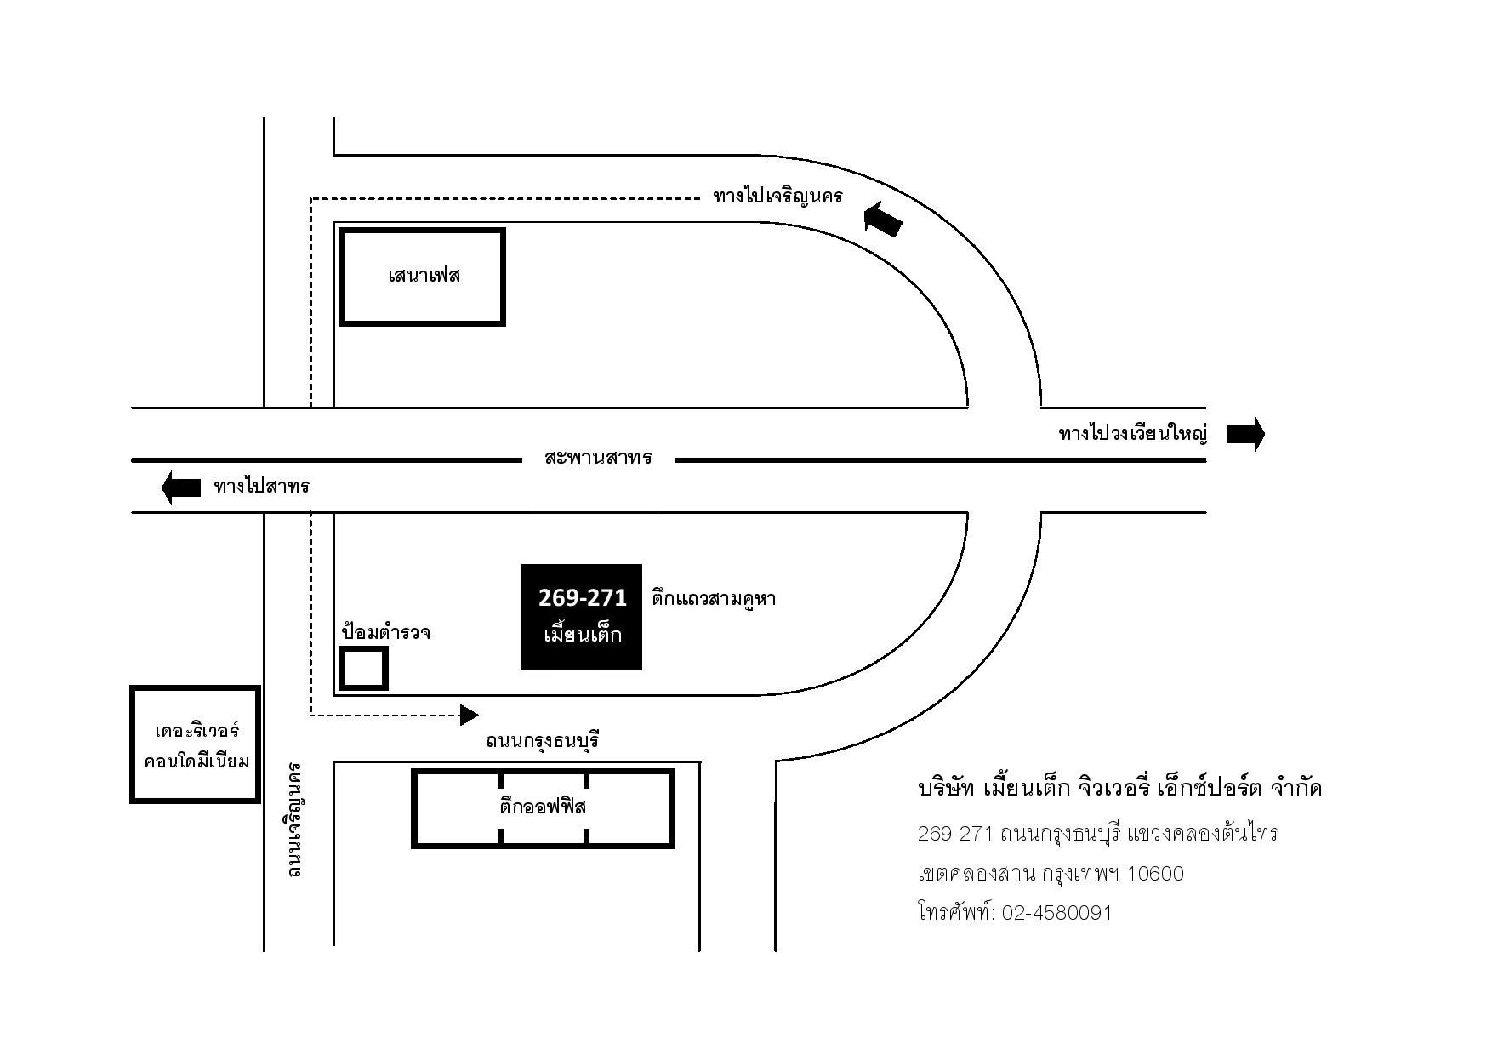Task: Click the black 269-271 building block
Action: (581, 617)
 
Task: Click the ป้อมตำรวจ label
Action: (386, 631)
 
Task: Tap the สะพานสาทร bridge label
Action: (598, 458)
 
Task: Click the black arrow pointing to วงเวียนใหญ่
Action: (1245, 434)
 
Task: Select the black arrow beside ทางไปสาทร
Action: (181, 488)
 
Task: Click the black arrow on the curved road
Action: (882, 220)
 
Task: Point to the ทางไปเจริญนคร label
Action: (778, 197)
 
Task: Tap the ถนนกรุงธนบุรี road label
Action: (544, 741)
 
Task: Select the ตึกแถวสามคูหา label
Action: (714, 598)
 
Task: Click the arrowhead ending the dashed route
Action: (469, 715)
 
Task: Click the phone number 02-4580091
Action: (1056, 913)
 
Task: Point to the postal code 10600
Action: (1155, 874)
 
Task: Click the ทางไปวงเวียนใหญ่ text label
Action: (1133, 434)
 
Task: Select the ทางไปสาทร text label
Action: (262, 487)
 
